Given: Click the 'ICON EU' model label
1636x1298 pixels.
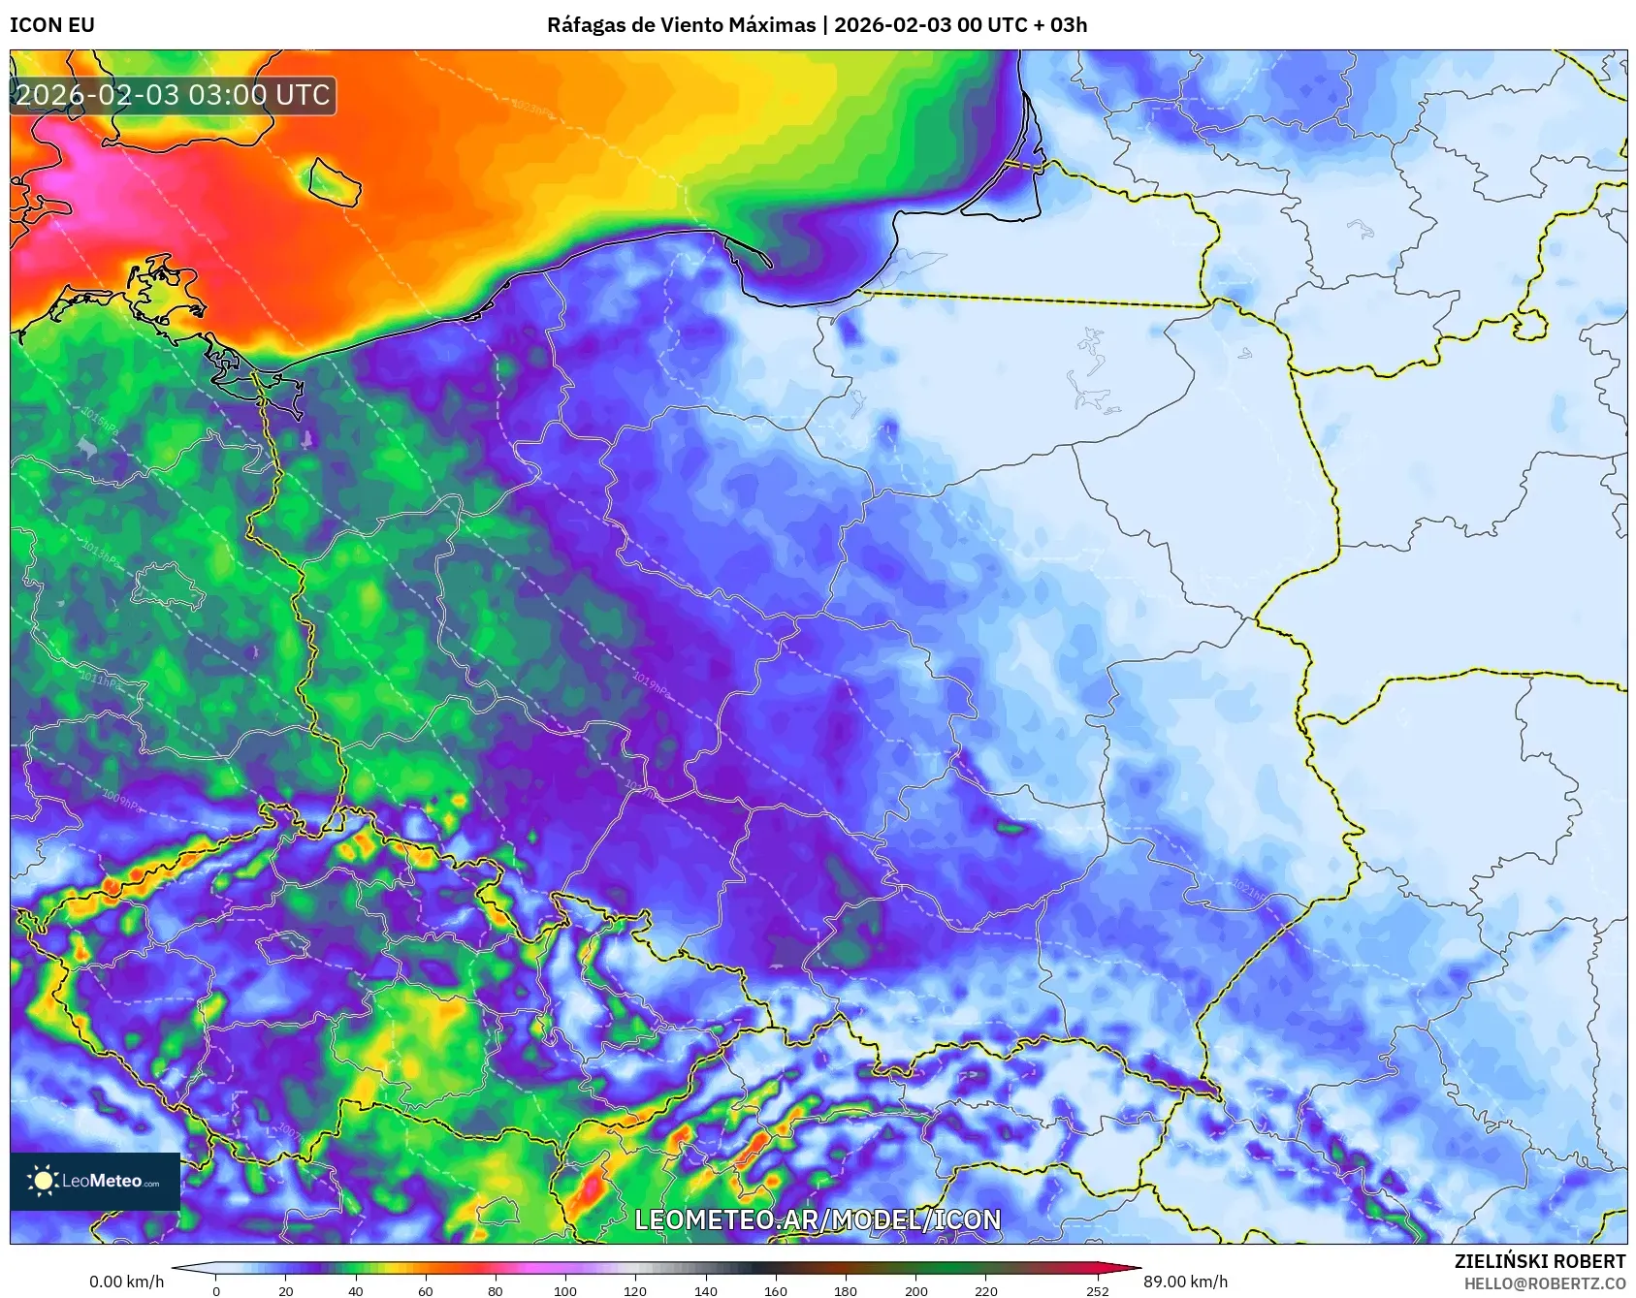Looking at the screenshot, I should click(x=52, y=25).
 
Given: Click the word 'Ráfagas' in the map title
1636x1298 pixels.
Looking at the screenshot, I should click(x=586, y=25).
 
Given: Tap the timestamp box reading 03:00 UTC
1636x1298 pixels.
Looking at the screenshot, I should click(x=173, y=95).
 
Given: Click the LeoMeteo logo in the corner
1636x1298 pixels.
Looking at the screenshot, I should click(x=95, y=1181).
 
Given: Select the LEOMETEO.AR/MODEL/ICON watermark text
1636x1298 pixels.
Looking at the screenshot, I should click(x=818, y=1219).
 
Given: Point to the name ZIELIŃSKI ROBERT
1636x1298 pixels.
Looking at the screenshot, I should click(x=1539, y=1261).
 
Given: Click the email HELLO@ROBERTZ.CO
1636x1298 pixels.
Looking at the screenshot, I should click(x=1544, y=1283).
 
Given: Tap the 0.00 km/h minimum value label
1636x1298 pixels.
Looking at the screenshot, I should click(x=127, y=1282).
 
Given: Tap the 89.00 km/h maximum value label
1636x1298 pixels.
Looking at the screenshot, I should click(x=1185, y=1282).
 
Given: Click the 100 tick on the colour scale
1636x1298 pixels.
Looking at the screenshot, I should click(x=565, y=1290).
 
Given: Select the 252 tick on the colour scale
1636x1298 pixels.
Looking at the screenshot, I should click(x=1097, y=1290).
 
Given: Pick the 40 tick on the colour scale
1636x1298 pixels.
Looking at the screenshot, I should click(x=356, y=1290).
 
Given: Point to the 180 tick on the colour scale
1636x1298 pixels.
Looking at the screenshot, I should click(x=846, y=1290).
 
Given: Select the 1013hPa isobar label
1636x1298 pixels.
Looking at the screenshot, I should click(x=100, y=553).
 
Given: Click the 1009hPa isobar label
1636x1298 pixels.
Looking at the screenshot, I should click(x=121, y=801).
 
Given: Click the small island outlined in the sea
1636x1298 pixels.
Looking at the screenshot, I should click(x=335, y=181).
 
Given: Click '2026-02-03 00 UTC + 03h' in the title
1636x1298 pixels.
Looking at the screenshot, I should click(x=960, y=25).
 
